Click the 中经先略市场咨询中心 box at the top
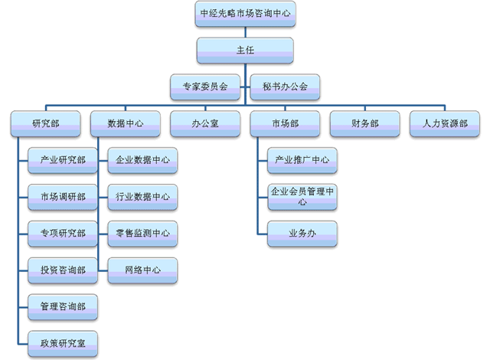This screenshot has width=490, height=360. click(x=246, y=14)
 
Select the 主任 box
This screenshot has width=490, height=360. click(x=246, y=51)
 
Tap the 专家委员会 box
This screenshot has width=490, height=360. click(x=205, y=87)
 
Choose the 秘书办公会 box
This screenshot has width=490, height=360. click(x=285, y=87)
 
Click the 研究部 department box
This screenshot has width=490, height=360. click(x=46, y=123)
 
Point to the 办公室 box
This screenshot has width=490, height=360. click(x=205, y=123)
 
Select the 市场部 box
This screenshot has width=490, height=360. click(x=285, y=123)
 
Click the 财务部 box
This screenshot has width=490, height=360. click(x=364, y=123)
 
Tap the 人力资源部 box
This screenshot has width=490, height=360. click(x=444, y=123)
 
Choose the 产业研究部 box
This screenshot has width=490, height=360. click(x=63, y=160)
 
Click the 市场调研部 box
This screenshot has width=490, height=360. click(x=63, y=197)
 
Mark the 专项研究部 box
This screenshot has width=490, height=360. click(x=63, y=233)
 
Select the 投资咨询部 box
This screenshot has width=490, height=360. click(x=63, y=270)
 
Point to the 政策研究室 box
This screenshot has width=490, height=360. click(x=63, y=342)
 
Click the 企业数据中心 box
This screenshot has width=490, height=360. click(x=142, y=160)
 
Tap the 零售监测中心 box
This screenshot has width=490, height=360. click(x=142, y=233)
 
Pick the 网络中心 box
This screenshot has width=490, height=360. click(x=142, y=270)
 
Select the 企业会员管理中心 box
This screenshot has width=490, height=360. click(x=302, y=197)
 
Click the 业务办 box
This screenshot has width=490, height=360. click(x=302, y=233)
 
